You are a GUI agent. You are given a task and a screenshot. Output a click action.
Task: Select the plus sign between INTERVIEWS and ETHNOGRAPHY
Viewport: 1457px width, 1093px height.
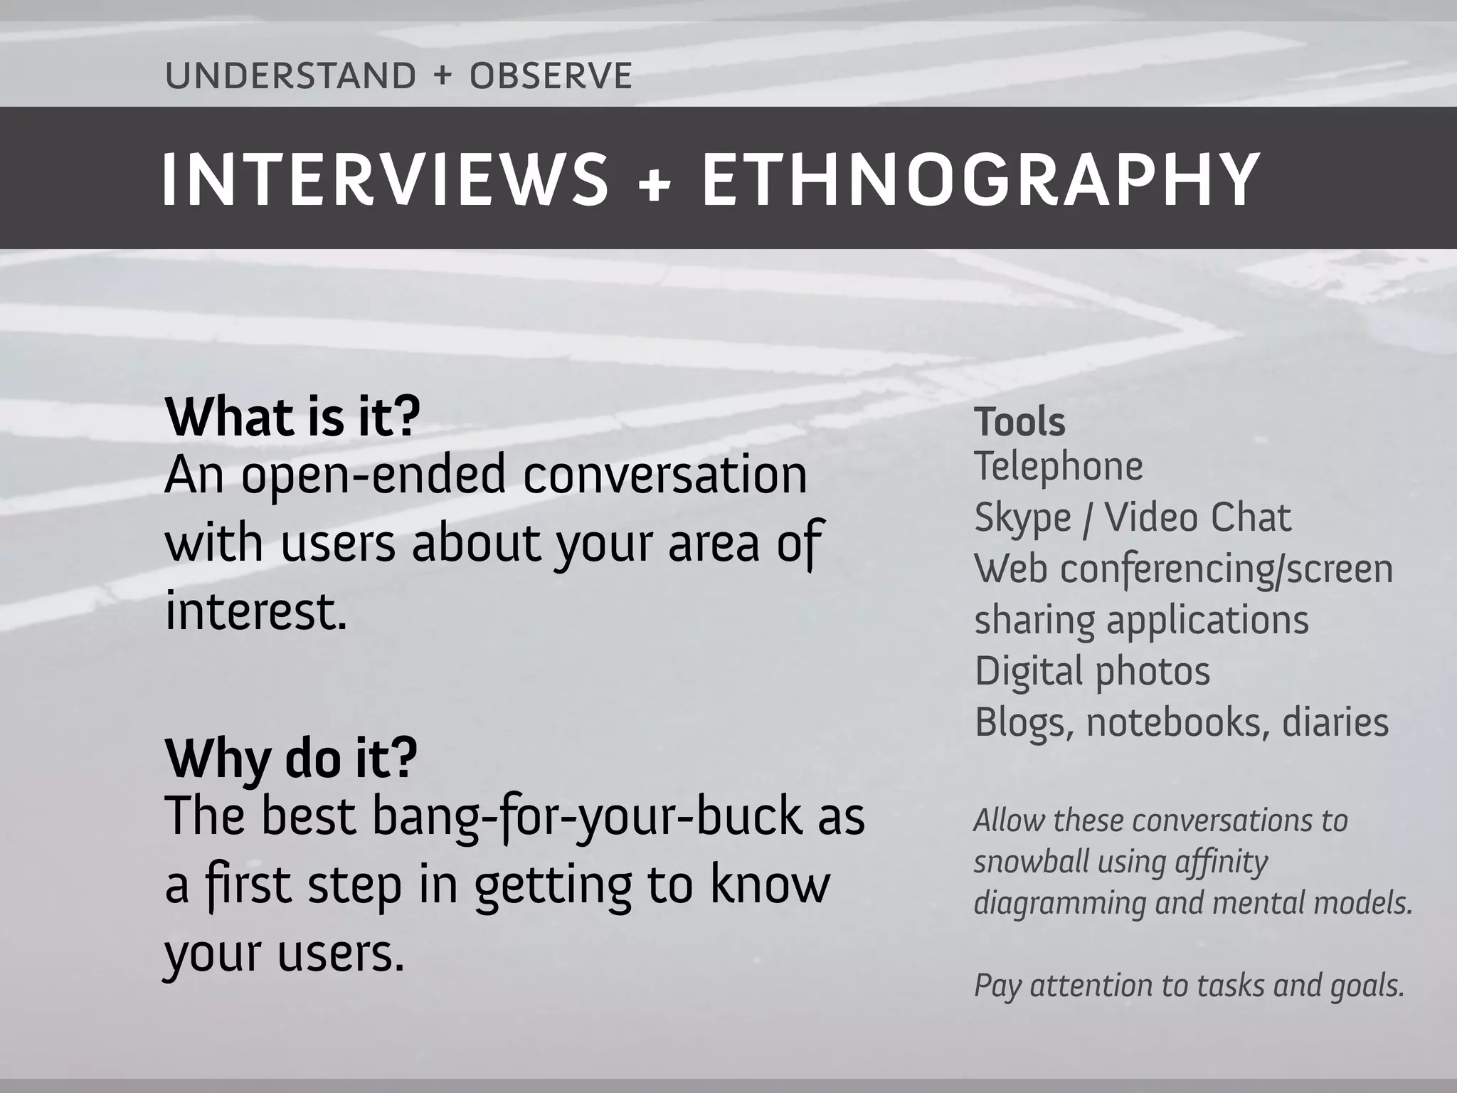click(655, 182)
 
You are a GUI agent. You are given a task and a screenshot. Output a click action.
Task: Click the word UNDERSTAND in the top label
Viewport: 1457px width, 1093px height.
click(290, 76)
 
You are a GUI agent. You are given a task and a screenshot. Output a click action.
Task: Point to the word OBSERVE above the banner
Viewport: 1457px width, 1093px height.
click(551, 76)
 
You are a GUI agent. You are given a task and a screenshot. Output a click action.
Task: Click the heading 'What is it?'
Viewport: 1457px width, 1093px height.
click(292, 418)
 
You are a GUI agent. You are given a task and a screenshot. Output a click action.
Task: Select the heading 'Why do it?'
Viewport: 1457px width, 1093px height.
click(291, 759)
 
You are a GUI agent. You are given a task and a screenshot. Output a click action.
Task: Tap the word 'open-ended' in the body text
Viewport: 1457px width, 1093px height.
click(373, 475)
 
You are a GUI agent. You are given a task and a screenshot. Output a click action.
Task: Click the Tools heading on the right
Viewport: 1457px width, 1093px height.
click(1019, 422)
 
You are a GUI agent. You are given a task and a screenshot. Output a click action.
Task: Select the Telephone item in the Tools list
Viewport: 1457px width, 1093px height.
click(1058, 467)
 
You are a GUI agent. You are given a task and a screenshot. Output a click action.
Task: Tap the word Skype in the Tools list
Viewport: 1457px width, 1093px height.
click(1022, 518)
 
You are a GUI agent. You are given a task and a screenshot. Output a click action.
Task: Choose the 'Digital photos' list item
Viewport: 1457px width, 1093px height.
click(1092, 671)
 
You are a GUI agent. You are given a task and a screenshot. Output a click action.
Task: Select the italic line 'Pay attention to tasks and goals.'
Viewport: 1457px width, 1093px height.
click(1189, 986)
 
